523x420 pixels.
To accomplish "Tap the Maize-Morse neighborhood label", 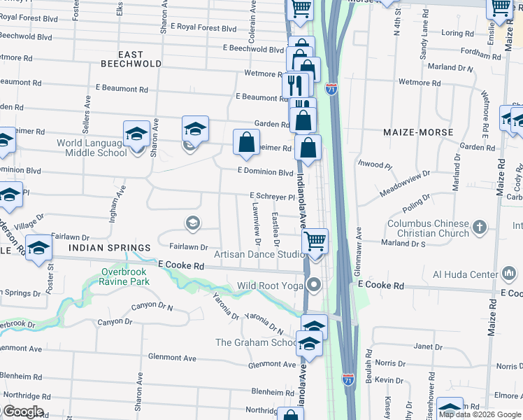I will coord(418,132).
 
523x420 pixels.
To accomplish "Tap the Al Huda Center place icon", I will coord(510,274).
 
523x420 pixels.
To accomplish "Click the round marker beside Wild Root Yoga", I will coord(315,285).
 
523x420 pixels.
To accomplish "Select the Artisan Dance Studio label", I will coord(259,254).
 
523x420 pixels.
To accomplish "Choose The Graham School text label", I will coord(255,342).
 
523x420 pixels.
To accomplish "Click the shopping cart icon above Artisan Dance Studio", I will coord(315,241).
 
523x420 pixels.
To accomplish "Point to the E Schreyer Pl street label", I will coord(273,197).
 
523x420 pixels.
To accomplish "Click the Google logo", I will coord(22,412).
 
